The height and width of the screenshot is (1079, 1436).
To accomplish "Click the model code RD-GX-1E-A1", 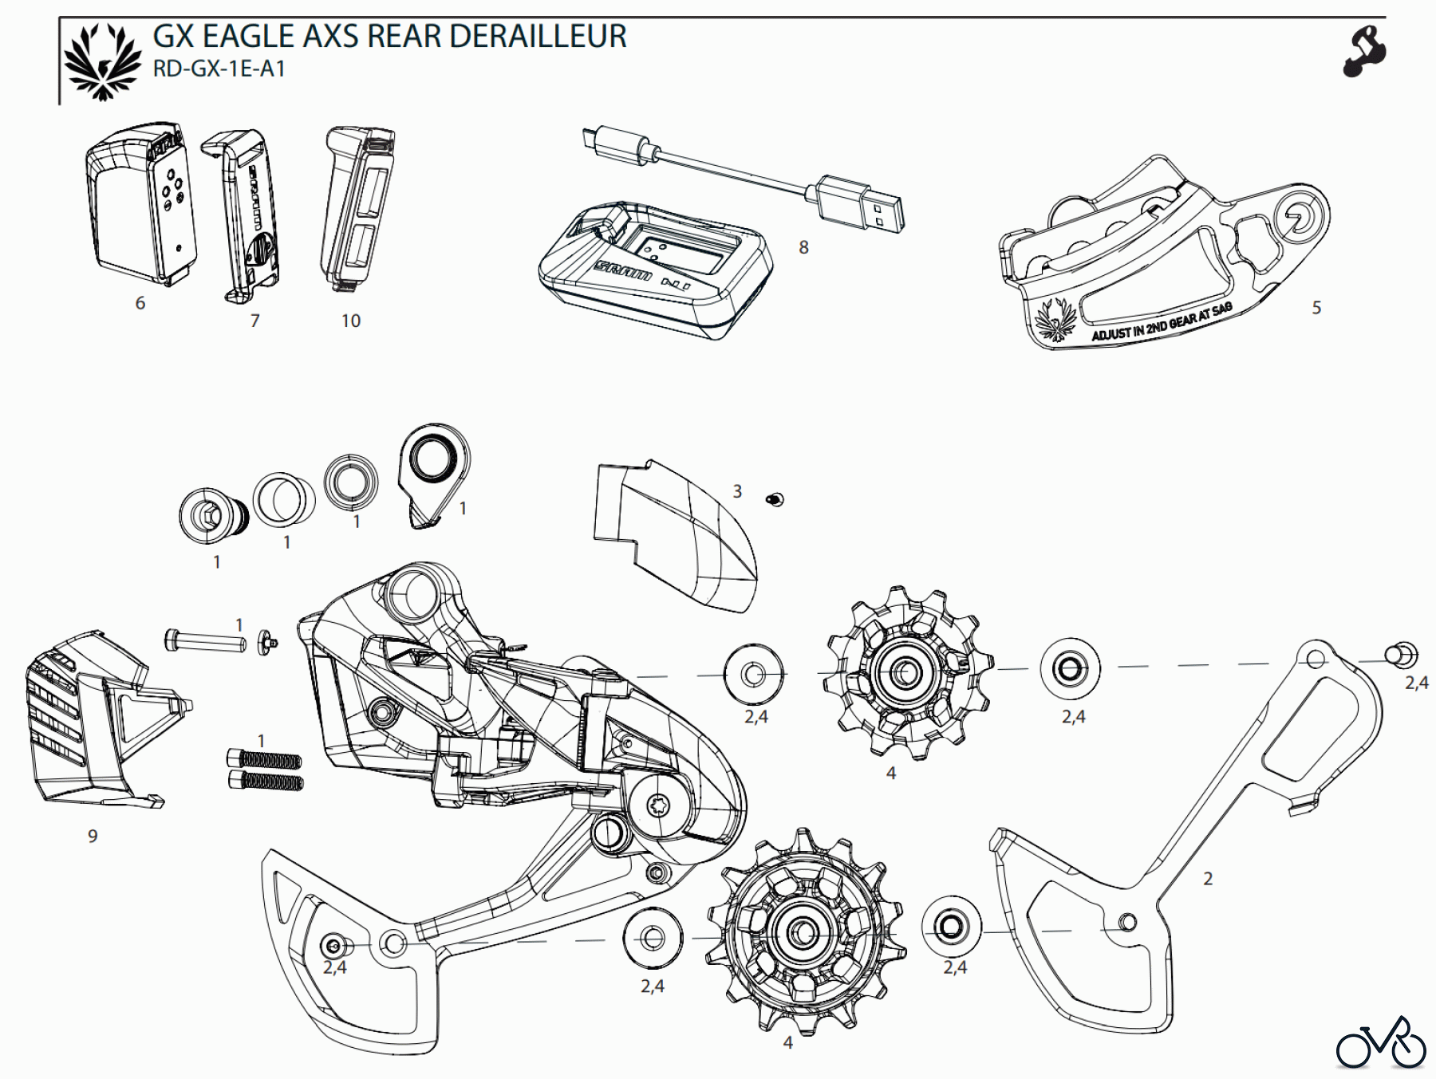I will point(219,69).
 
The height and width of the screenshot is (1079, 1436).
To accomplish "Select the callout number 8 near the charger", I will point(803,248).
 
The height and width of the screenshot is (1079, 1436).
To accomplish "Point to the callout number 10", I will point(351,321).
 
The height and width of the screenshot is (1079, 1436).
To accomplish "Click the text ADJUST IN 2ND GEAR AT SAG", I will point(1161,323).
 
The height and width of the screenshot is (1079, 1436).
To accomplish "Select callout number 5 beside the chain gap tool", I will point(1316,308).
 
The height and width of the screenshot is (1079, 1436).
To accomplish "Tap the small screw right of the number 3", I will point(774,500).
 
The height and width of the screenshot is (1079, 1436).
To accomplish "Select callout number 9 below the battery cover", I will point(93,836).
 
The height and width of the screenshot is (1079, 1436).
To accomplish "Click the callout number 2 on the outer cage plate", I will point(1207,879).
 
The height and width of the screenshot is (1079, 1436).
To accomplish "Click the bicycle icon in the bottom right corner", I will point(1380,1043).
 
